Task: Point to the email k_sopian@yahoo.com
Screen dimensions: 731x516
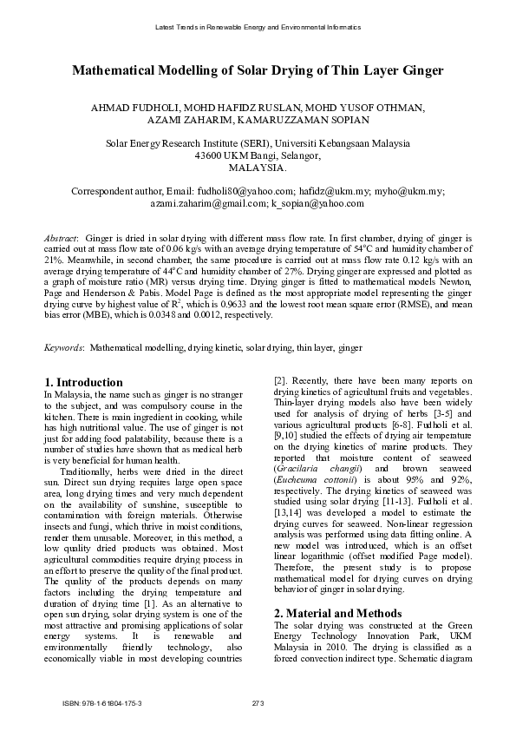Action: pyautogui.click(x=317, y=203)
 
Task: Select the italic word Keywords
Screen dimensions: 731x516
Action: pyautogui.click(x=63, y=347)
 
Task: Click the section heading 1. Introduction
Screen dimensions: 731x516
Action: pyautogui.click(x=83, y=382)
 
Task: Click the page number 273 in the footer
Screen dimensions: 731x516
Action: pyautogui.click(x=258, y=701)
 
